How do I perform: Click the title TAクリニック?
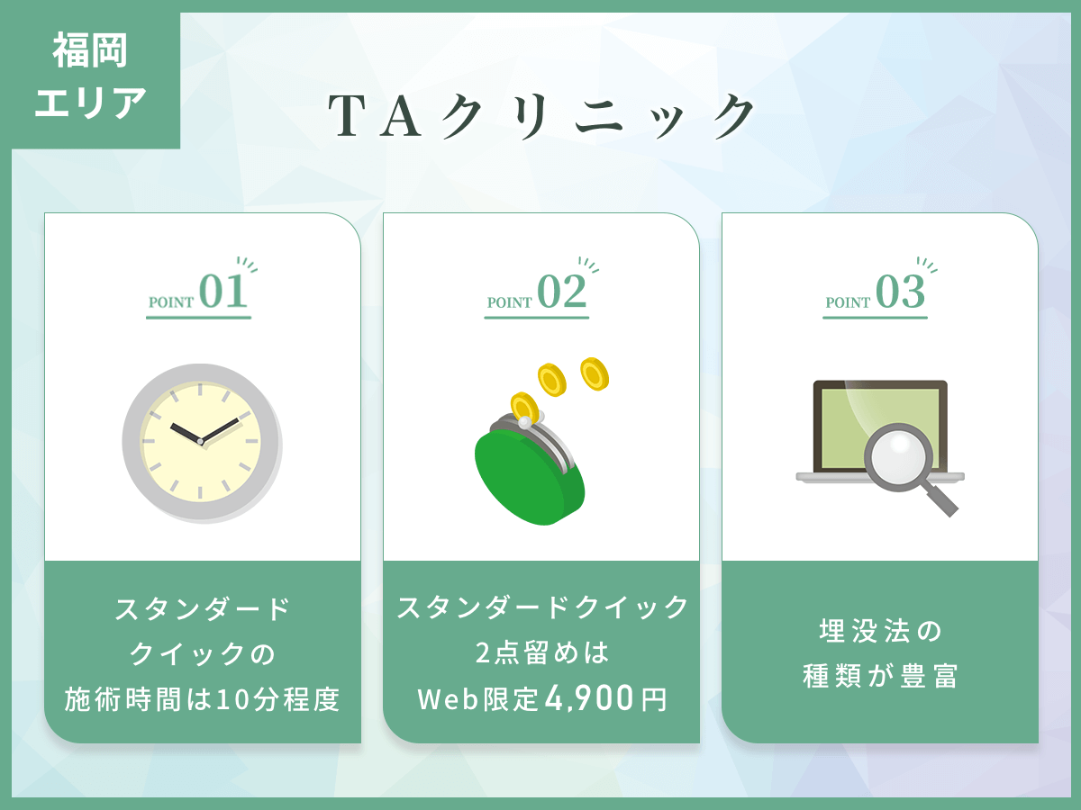tap(540, 116)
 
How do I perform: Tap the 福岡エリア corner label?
tap(90, 76)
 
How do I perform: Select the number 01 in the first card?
tap(223, 291)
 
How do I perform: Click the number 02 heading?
tap(562, 291)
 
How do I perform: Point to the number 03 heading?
tap(900, 291)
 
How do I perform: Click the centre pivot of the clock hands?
tap(201, 442)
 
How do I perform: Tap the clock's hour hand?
tap(186, 433)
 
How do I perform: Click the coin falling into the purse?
tap(524, 406)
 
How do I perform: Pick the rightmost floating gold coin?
tap(595, 374)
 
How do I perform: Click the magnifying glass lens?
tap(899, 457)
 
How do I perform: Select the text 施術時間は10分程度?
tap(202, 699)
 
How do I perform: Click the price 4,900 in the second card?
tap(589, 698)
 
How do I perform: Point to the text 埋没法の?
tap(880, 631)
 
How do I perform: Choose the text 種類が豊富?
tap(880, 676)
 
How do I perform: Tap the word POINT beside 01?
tap(171, 302)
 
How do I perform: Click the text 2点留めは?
tap(542, 652)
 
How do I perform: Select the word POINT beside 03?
tap(848, 302)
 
